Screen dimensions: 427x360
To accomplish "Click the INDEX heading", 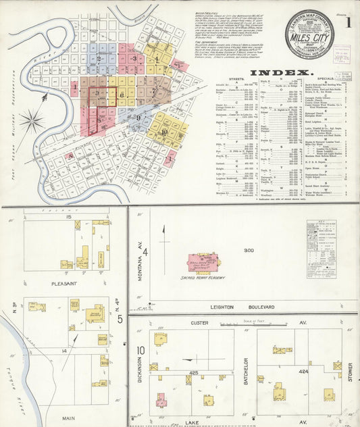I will click(281, 72).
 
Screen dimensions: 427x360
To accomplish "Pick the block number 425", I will click(193, 372).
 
